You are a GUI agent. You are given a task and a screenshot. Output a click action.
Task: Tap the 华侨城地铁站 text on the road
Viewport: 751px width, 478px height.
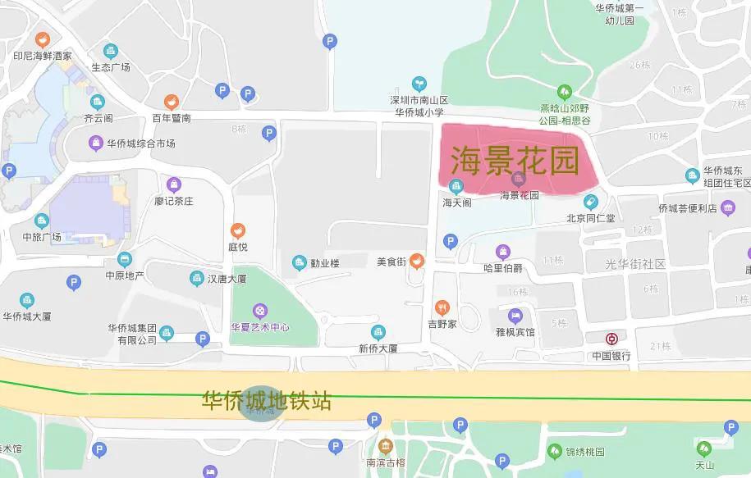tap(267, 401)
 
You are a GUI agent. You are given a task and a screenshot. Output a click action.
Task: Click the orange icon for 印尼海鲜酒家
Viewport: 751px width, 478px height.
tap(43, 39)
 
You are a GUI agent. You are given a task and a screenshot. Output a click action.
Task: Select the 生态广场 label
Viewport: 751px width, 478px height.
tap(111, 66)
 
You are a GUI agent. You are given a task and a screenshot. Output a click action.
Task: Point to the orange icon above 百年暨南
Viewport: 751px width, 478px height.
tap(171, 102)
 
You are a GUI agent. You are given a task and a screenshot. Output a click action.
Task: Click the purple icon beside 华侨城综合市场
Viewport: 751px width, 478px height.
tap(96, 143)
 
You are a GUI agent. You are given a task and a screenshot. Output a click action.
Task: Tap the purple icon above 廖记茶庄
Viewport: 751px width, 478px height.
tap(173, 184)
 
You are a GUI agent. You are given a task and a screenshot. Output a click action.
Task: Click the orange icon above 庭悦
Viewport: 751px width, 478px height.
tap(237, 231)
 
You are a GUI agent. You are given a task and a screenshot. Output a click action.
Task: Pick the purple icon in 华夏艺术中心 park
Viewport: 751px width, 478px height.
tap(259, 310)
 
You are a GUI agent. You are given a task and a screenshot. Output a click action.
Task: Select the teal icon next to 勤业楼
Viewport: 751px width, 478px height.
tap(300, 262)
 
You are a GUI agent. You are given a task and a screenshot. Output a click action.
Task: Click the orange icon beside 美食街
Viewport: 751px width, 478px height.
tap(417, 262)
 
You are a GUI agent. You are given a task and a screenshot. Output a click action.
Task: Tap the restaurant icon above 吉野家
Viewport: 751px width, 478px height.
tap(442, 307)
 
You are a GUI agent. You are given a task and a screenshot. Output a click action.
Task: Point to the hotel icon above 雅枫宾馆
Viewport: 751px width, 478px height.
tap(515, 316)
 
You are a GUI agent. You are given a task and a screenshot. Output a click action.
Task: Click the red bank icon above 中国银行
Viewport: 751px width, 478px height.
tap(611, 339)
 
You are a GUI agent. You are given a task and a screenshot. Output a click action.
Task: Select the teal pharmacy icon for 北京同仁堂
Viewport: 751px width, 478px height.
tap(590, 202)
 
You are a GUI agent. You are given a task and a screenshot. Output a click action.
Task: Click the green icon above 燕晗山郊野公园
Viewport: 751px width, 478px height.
tap(565, 91)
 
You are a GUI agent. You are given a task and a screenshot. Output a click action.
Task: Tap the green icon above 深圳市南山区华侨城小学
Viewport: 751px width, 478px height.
tap(419, 83)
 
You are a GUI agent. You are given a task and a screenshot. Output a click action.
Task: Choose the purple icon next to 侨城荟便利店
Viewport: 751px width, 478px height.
tap(728, 208)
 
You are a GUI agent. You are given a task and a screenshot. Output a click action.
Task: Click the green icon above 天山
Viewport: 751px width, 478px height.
tap(703, 448)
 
